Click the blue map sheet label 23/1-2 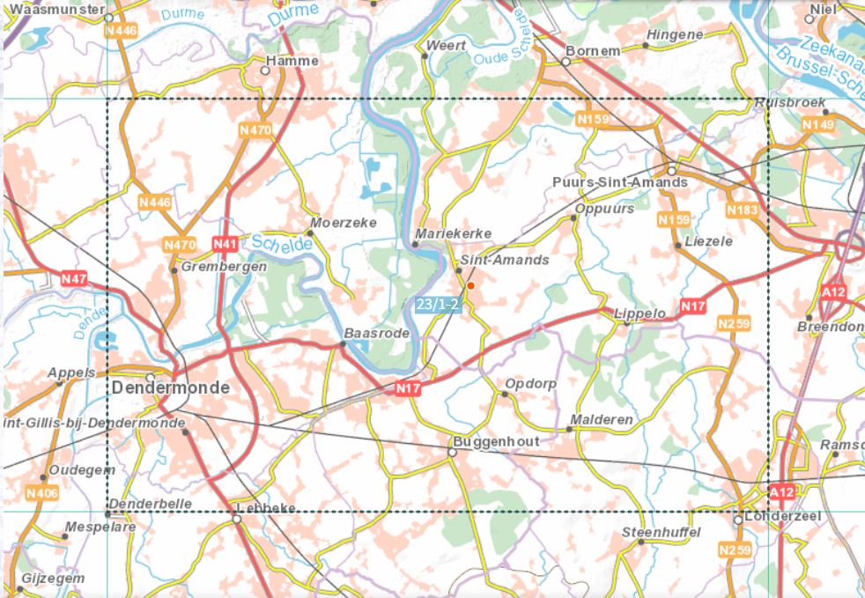point(438,305)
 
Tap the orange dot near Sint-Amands point(471,285)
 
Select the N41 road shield point(225,243)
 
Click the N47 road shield point(74,279)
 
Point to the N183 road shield point(742,210)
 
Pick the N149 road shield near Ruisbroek point(817,126)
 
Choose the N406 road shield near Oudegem point(42,492)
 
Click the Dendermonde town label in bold point(171,388)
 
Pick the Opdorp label point(532,384)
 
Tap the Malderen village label point(602,419)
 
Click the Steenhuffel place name point(661,532)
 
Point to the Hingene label point(674,34)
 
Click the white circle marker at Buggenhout point(453,452)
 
